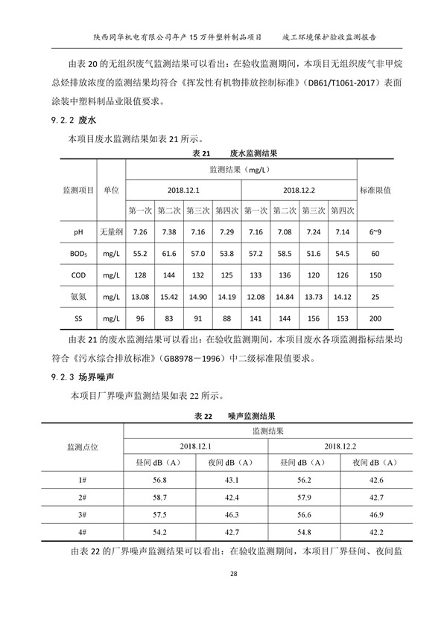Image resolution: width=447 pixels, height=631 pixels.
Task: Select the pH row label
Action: pyautogui.click(x=78, y=232)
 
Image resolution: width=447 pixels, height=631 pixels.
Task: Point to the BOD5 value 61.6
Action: pyautogui.click(x=170, y=254)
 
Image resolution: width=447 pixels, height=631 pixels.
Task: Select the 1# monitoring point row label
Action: pyautogui.click(x=83, y=480)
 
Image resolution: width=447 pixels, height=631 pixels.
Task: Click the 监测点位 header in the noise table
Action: pyautogui.click(x=83, y=446)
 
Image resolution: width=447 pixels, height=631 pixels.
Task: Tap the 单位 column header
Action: pyautogui.click(x=111, y=190)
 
